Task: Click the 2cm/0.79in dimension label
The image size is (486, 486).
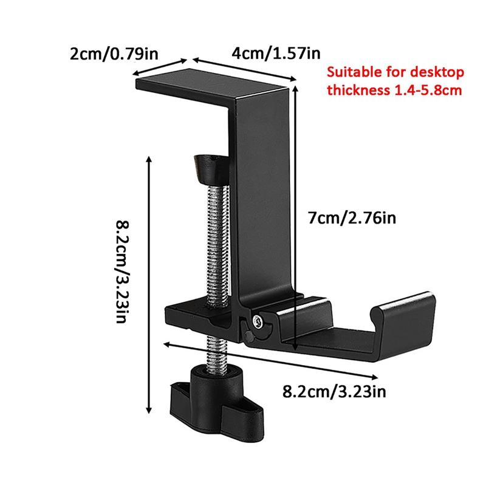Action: [114, 53]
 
